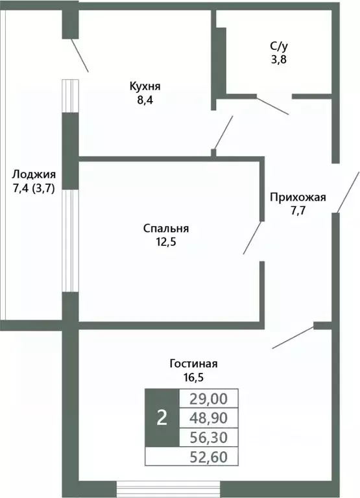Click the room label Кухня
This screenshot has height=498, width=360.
[x=145, y=86]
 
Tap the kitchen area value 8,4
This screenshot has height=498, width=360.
[x=145, y=100]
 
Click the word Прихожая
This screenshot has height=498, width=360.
[x=298, y=198]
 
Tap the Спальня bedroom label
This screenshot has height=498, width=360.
[x=166, y=228]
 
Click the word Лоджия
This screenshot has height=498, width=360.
[x=34, y=174]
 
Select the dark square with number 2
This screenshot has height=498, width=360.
[x=162, y=418]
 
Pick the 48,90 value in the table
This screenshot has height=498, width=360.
[x=210, y=418]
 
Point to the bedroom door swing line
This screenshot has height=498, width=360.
[x=253, y=237]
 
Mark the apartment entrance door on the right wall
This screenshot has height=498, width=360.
[x=348, y=191]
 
